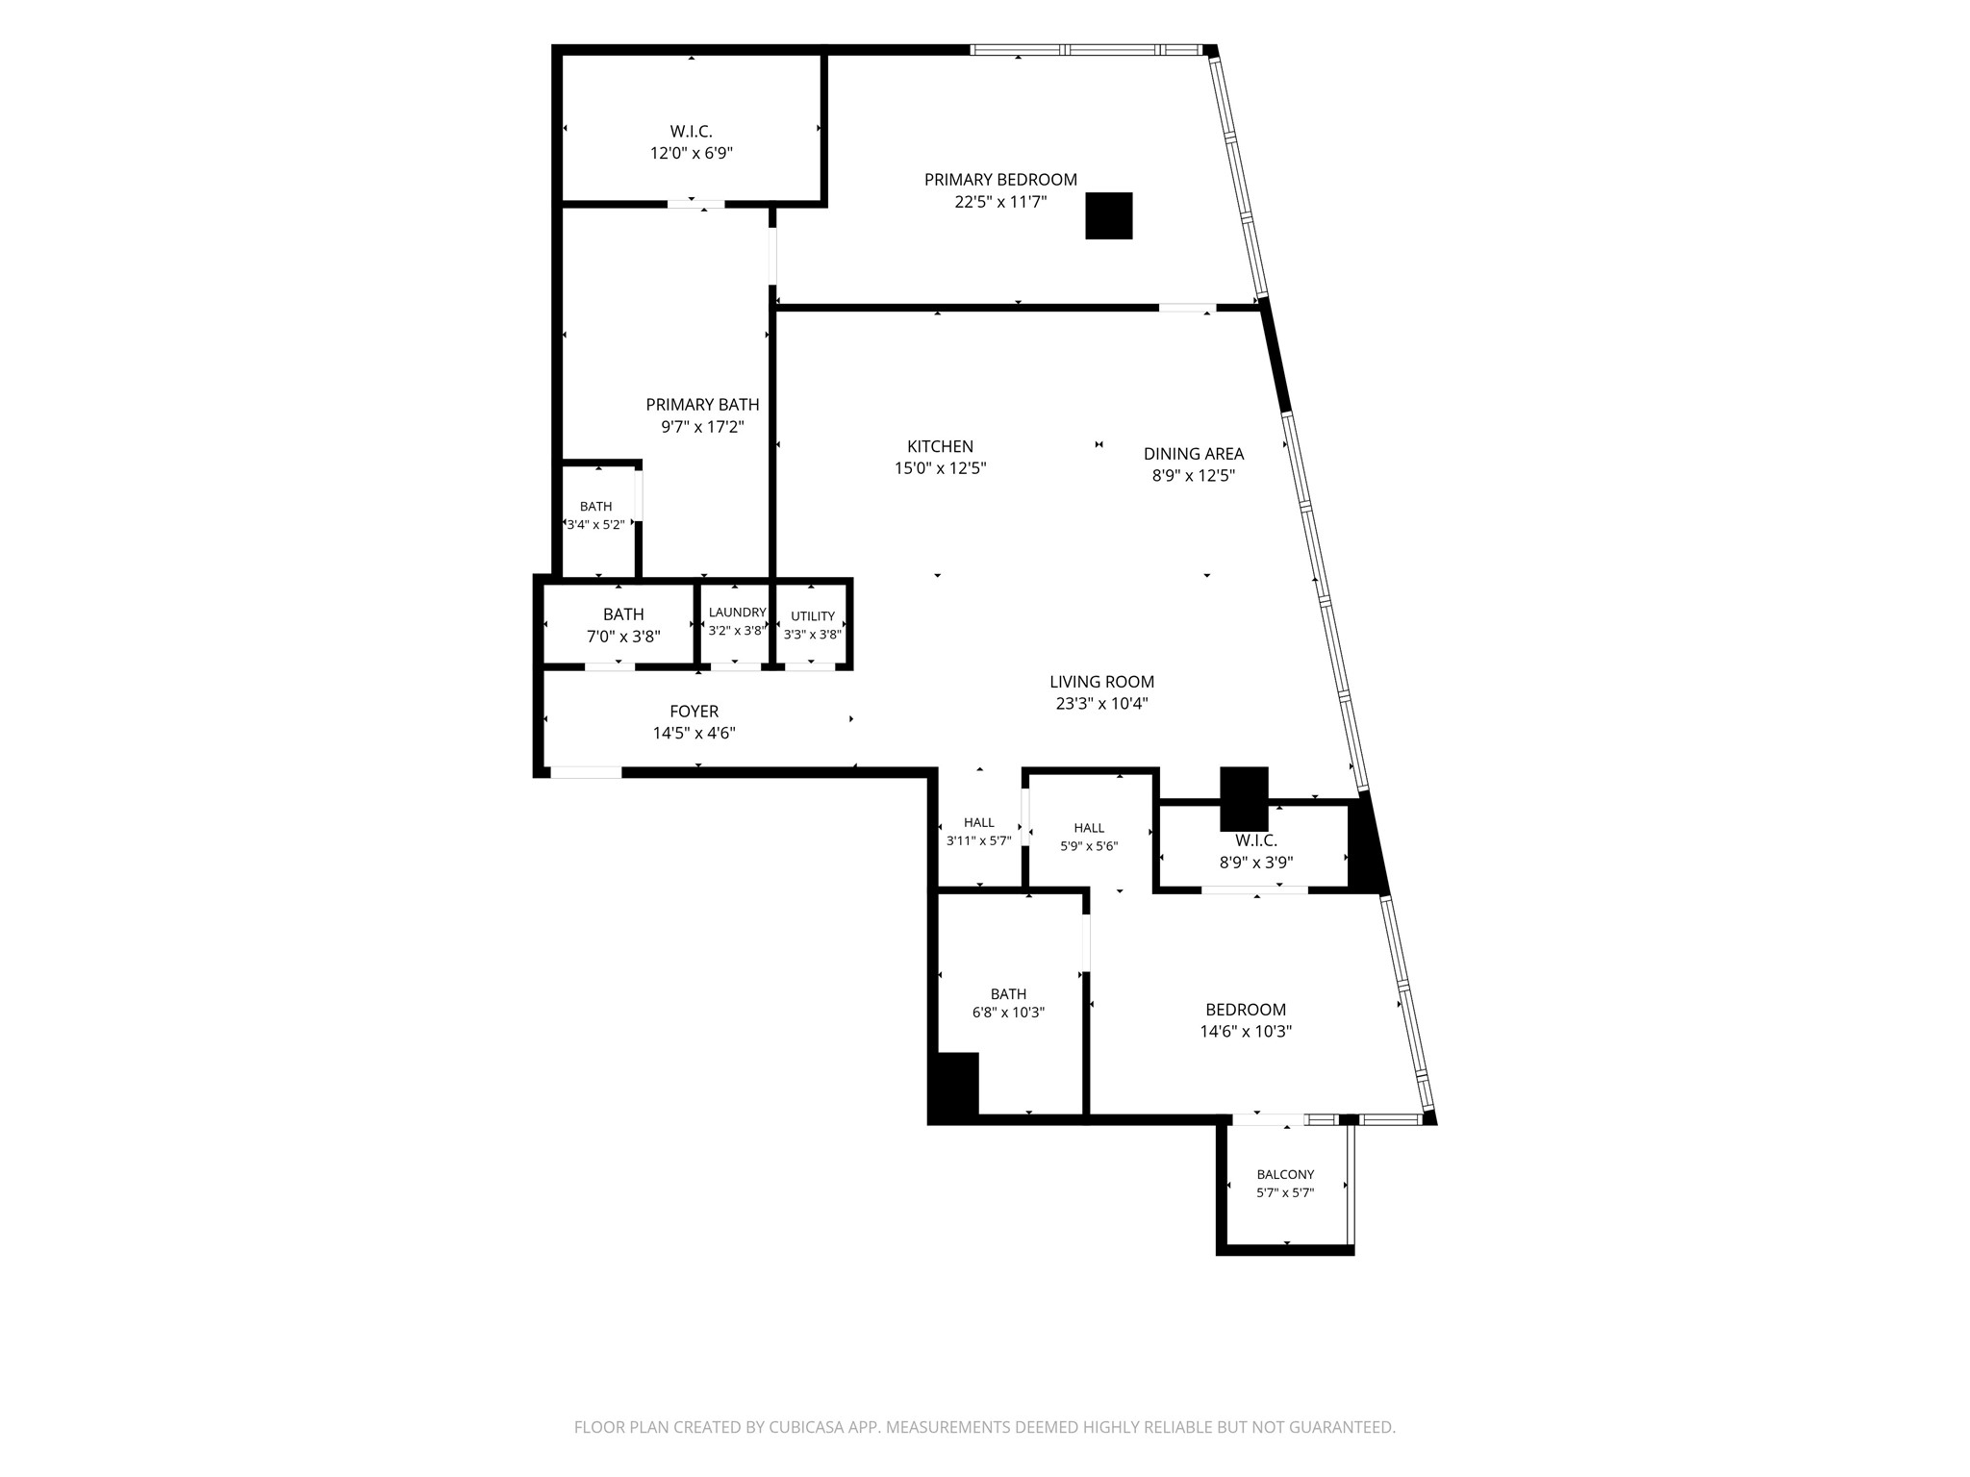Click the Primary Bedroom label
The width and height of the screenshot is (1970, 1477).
(1000, 180)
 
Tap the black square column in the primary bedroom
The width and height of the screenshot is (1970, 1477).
(1109, 215)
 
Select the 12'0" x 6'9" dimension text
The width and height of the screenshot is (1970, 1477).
(692, 153)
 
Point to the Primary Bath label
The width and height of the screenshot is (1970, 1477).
(702, 405)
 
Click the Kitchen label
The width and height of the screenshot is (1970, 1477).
(940, 446)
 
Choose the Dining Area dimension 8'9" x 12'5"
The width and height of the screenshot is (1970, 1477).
(1193, 475)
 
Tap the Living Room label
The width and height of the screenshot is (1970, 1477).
(1101, 682)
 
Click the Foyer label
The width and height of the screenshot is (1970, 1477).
(694, 712)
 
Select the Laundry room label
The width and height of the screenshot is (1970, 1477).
(737, 613)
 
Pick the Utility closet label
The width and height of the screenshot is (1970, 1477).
(813, 616)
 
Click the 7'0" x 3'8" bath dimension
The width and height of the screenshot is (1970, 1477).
(623, 637)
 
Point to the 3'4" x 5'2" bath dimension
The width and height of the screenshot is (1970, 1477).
(595, 525)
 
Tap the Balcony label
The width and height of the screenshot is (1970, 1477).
(1285, 1174)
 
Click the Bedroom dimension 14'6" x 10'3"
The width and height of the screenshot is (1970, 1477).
(1246, 1032)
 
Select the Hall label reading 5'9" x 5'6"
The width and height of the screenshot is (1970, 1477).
(1089, 828)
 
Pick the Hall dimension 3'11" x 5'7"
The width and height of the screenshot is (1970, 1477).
(978, 840)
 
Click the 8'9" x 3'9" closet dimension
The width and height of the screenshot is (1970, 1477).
(1255, 863)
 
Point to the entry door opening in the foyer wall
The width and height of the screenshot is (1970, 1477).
(586, 771)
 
